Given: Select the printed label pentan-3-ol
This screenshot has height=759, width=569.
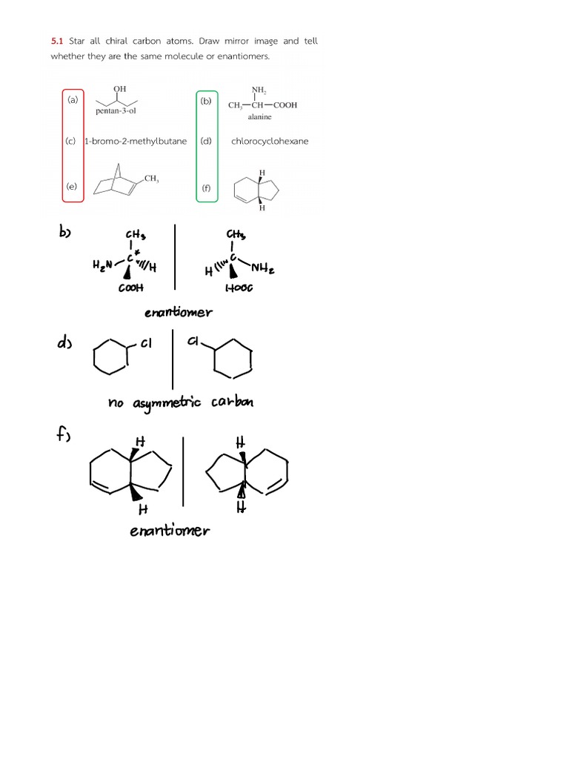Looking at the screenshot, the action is pyautogui.click(x=116, y=110).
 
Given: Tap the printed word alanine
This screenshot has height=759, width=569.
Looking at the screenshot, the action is pyautogui.click(x=260, y=116).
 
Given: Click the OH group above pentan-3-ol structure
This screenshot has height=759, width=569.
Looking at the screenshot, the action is pyautogui.click(x=119, y=89).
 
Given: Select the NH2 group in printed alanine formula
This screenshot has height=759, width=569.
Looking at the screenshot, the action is pyautogui.click(x=259, y=91).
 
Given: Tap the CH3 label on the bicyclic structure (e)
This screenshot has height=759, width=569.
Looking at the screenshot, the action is pyautogui.click(x=151, y=179).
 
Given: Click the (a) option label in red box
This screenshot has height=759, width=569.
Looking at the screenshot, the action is pyautogui.click(x=73, y=99).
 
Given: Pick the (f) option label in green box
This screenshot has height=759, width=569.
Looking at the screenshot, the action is pyautogui.click(x=206, y=188).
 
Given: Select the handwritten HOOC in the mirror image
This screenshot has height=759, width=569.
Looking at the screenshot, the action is pyautogui.click(x=238, y=288).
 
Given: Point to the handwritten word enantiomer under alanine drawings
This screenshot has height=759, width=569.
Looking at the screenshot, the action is pyautogui.click(x=178, y=312).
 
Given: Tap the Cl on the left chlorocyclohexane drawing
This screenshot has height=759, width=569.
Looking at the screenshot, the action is pyautogui.click(x=145, y=343).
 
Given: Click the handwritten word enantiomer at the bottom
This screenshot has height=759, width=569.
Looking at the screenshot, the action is pyautogui.click(x=170, y=530).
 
